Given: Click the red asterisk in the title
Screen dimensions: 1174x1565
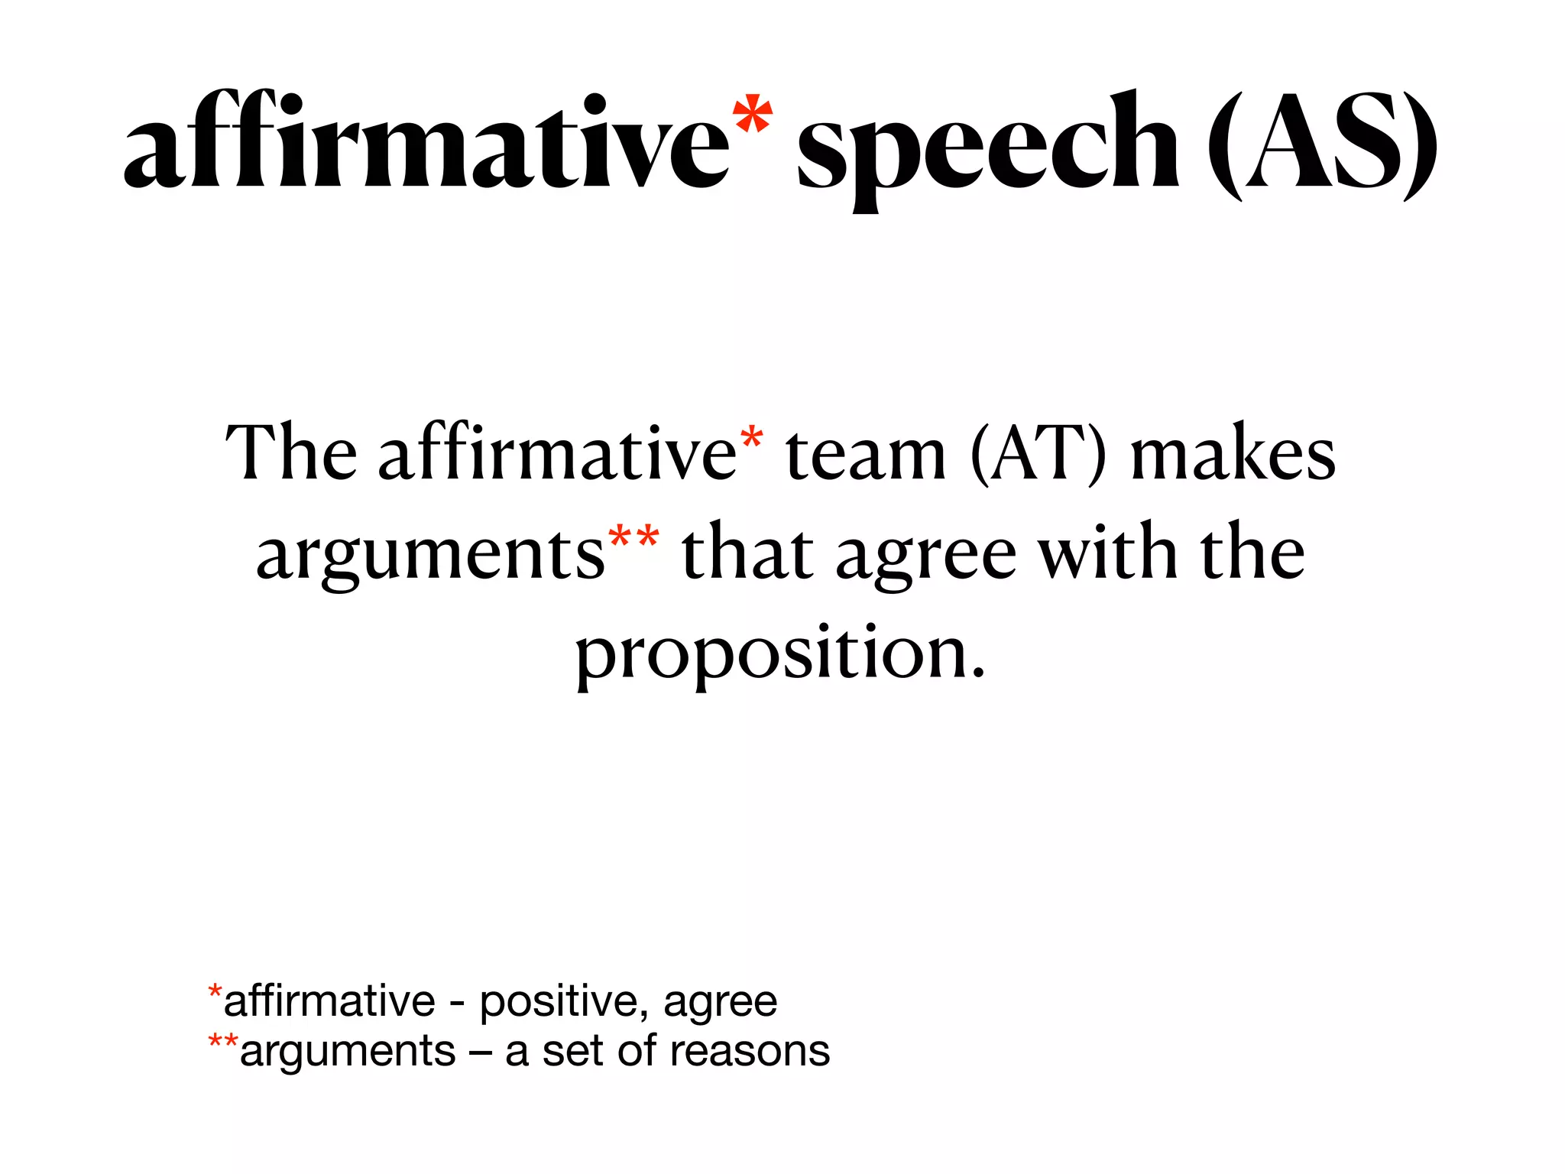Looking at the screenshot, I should coord(752,115).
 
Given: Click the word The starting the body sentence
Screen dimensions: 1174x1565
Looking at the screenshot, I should coord(290,454).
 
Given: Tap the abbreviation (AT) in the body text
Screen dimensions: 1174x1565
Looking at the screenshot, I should coord(1038,454).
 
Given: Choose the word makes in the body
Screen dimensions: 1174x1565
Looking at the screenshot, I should coord(1233,454).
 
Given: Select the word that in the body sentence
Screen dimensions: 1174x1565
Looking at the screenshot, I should coord(747,553).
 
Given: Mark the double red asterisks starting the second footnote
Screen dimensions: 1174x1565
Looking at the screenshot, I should coord(223,1043).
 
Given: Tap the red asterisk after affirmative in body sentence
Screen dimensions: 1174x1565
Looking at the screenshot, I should coord(752,438).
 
